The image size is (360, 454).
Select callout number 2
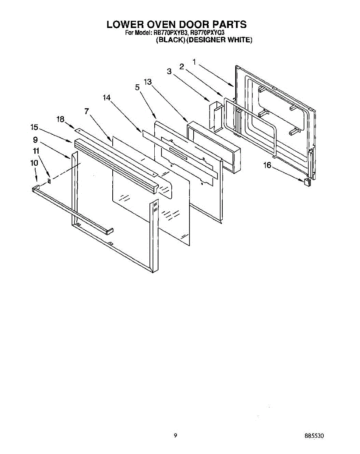(182, 67)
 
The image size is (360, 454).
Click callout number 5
(138, 87)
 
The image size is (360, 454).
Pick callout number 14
(106, 98)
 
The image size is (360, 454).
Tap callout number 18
(60, 119)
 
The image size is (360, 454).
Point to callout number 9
(35, 139)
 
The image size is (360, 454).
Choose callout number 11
(36, 151)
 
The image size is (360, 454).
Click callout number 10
(34, 163)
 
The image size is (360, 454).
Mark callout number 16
(267, 165)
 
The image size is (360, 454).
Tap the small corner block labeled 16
(307, 181)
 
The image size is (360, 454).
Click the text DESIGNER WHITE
(219, 40)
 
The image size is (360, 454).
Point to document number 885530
(314, 436)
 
